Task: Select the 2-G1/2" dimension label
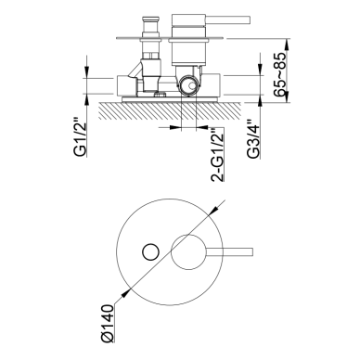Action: point(217,154)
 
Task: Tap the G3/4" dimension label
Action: point(253,139)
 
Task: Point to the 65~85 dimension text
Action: point(280,74)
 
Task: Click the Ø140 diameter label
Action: point(108,323)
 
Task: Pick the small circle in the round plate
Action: point(150,251)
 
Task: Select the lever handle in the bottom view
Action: point(229,251)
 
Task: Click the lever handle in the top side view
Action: point(227,19)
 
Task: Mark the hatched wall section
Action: point(170,110)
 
